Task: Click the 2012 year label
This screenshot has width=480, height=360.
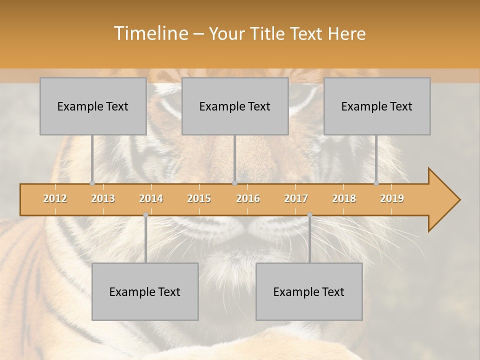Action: pos(55,198)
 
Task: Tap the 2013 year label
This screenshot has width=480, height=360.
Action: pos(103,198)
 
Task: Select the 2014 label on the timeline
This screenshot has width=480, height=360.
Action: pos(151,198)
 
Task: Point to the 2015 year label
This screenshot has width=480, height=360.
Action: pos(199,198)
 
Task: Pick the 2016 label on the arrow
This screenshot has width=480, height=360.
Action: pos(248,198)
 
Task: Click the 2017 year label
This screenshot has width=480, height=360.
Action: pos(296,198)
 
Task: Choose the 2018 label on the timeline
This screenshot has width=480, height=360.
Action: pos(344,198)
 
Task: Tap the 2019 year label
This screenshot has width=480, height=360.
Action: pos(392,198)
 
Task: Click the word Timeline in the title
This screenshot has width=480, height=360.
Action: pos(150,33)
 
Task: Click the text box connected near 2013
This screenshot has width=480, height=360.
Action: pos(93,106)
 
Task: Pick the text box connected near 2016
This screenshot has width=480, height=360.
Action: pos(235,106)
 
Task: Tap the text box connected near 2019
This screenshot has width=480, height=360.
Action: pos(377,106)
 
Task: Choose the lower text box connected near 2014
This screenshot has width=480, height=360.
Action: pos(145,291)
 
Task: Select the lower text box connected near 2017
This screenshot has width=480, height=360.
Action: pos(309,291)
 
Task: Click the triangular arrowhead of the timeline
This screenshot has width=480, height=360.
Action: pos(443,199)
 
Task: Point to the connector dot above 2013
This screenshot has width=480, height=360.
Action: pos(92,183)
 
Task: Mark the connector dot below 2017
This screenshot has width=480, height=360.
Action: pos(309,215)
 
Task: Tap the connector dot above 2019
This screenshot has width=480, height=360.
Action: pos(376,183)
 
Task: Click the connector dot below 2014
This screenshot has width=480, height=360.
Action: pos(145,215)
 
